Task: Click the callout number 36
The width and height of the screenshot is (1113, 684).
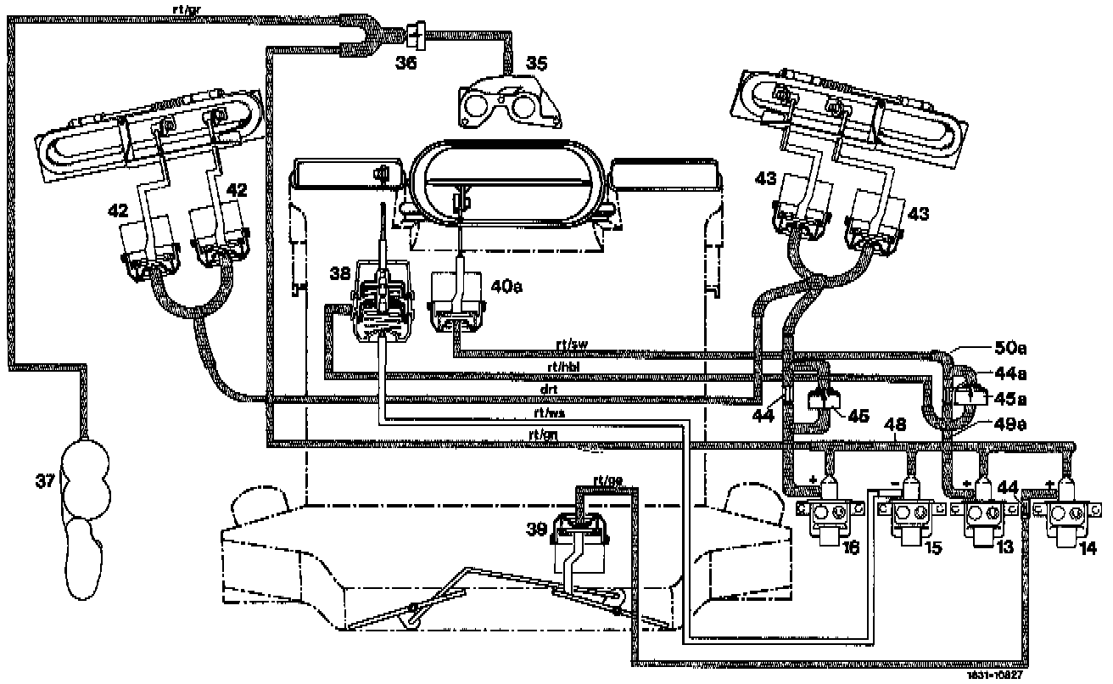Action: [x=407, y=62]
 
